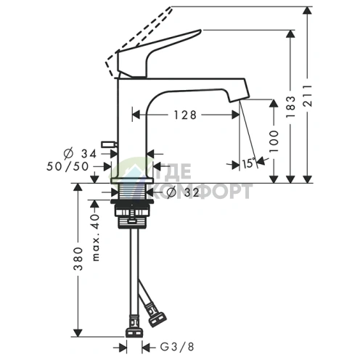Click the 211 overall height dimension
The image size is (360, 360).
click(308, 95)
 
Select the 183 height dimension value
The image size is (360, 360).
click(290, 107)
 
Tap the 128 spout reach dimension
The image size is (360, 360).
click(185, 115)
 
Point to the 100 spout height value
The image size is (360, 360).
click(274, 141)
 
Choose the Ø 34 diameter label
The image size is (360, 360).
click(80, 153)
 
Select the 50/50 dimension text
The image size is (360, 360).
click(67, 166)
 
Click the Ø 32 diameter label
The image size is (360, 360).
click(184, 192)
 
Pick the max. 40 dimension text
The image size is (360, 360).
click(96, 237)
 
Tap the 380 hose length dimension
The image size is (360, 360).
click(78, 258)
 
